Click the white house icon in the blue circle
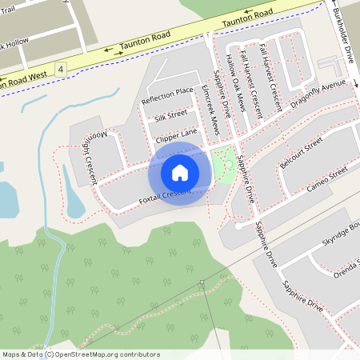click(180, 172)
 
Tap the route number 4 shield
click(61, 70)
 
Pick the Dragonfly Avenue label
click(318, 95)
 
